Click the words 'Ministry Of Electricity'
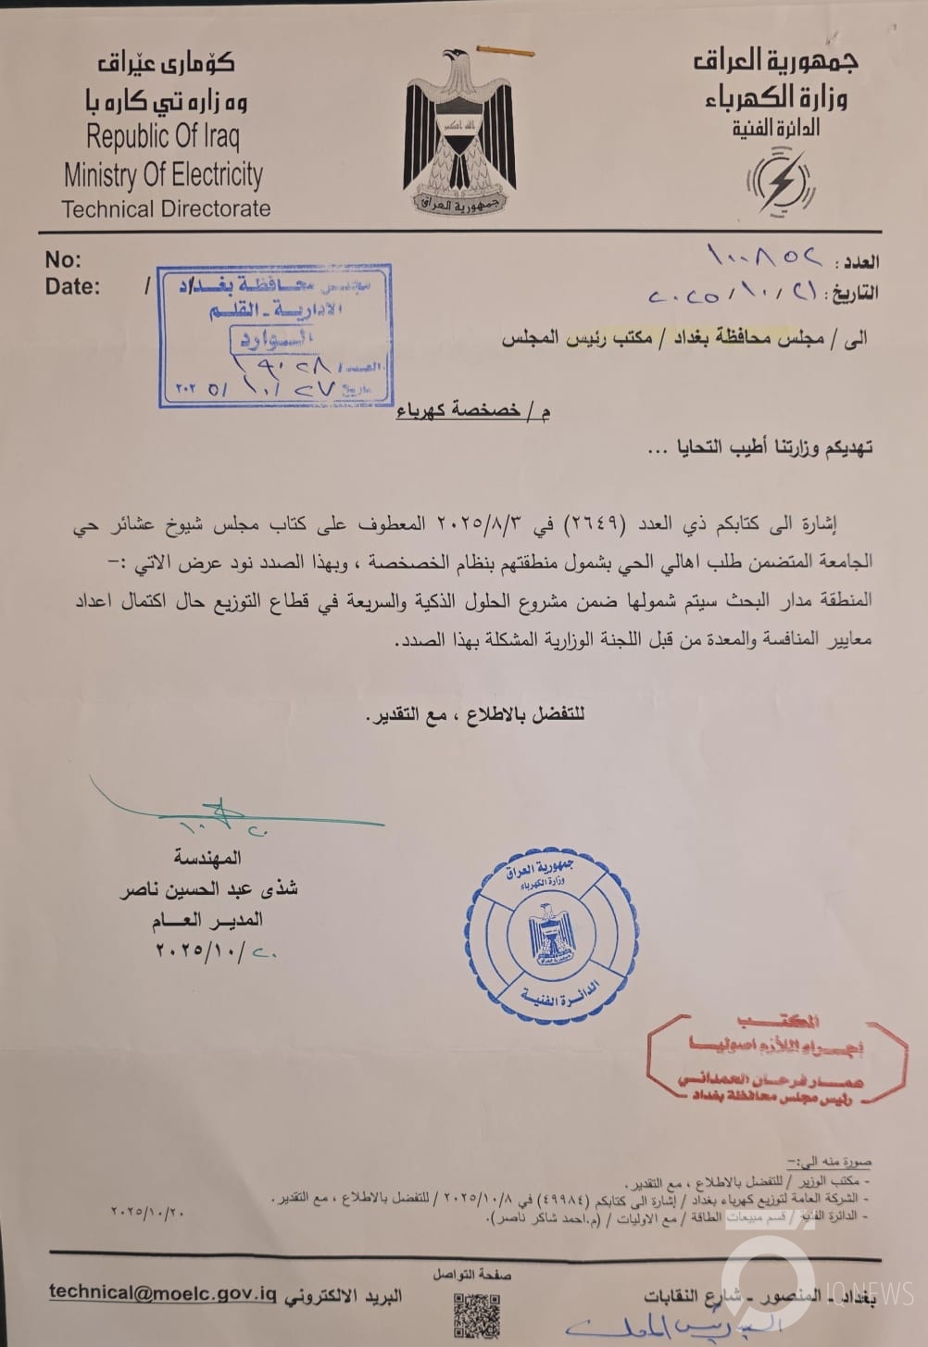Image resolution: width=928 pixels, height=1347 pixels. coord(163,174)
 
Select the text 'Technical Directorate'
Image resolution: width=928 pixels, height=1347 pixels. coord(166,208)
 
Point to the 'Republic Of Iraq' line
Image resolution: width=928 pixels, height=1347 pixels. coord(163,138)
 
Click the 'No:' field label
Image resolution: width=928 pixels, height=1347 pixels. coord(63,259)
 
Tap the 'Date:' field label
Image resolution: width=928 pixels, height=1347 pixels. coord(72,286)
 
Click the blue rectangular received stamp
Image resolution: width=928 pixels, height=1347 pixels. coord(273,334)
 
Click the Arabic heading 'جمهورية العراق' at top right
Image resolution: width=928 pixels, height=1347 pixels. coord(776,61)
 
